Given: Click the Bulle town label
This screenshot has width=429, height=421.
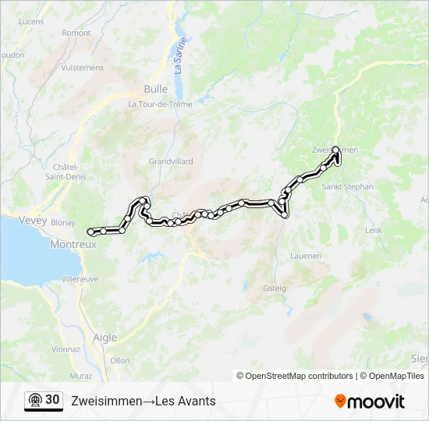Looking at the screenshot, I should coord(156,89).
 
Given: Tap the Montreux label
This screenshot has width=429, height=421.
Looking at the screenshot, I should coord(73,244).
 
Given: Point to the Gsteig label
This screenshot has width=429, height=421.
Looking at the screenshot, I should coord(275,288).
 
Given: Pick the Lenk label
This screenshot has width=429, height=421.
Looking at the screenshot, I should coord(374,231).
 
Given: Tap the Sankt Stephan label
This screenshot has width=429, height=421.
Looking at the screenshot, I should coord(348,187).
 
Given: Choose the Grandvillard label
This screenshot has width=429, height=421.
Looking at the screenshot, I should coord(171,162).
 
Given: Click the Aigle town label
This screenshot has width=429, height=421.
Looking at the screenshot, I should coord(105,338).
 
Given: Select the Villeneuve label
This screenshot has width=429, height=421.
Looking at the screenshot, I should coord(79,278).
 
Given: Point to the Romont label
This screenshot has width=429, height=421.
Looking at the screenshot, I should coord(76,33).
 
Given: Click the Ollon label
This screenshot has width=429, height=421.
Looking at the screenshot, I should coord(120,360).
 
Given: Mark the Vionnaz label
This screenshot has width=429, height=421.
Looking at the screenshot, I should coord(65,349).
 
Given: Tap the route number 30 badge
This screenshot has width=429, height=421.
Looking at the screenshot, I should coord(44,400).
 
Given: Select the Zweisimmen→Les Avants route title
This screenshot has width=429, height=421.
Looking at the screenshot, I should coord(144,402).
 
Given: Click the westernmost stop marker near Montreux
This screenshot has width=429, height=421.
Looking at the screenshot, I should coord(91,231).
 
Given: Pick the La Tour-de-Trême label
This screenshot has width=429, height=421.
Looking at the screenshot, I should coord(160,104).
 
